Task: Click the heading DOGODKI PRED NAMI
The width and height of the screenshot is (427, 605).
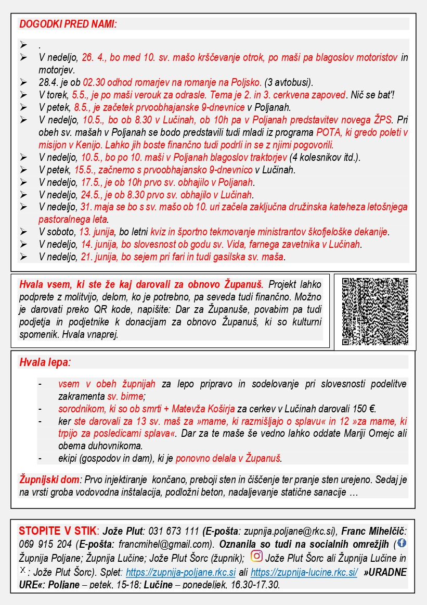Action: (x=68, y=24)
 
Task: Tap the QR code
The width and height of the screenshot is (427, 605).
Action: (x=375, y=312)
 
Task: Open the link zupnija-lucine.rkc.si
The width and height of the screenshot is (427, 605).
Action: (x=304, y=572)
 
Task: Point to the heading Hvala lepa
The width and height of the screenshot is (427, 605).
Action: (x=44, y=362)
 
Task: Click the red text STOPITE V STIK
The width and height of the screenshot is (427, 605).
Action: (x=57, y=532)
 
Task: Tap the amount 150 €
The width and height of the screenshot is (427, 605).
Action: (x=363, y=409)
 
